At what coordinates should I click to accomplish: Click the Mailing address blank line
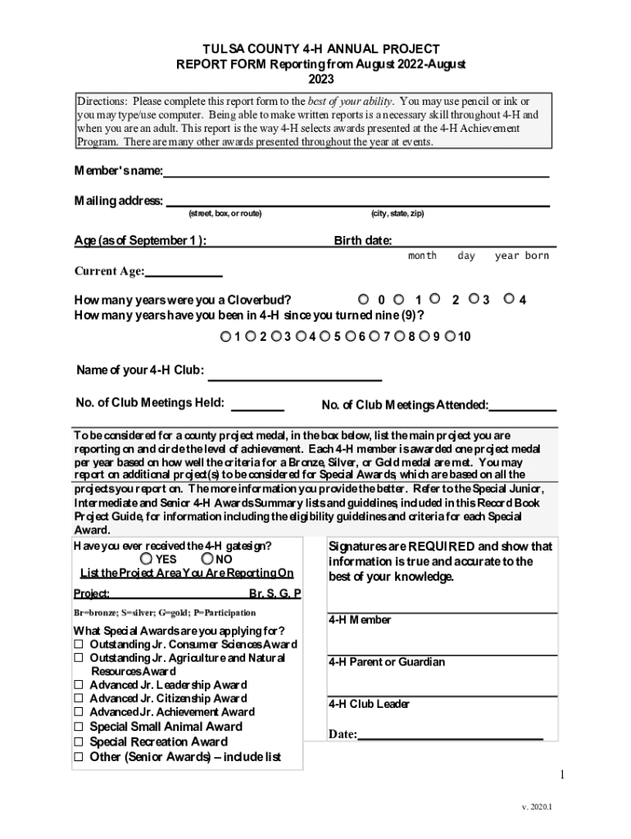pyautogui.click(x=357, y=200)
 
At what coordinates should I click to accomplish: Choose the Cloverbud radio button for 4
pyautogui.click(x=509, y=299)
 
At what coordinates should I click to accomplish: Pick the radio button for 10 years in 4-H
pyautogui.click(x=449, y=336)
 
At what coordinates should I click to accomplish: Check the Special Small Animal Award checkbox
pyautogui.click(x=79, y=727)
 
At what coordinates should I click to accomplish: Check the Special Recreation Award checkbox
pyautogui.click(x=79, y=742)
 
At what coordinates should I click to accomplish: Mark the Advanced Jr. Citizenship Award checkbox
pyautogui.click(x=79, y=699)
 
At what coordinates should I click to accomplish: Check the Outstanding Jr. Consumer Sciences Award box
pyautogui.click(x=79, y=645)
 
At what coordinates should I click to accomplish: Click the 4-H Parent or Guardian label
pyautogui.click(x=387, y=662)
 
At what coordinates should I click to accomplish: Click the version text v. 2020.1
pyautogui.click(x=537, y=808)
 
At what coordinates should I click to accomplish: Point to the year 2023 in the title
pyautogui.click(x=321, y=79)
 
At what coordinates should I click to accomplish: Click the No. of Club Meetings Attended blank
pyautogui.click(x=523, y=405)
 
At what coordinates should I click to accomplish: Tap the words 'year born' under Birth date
pyautogui.click(x=522, y=256)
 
